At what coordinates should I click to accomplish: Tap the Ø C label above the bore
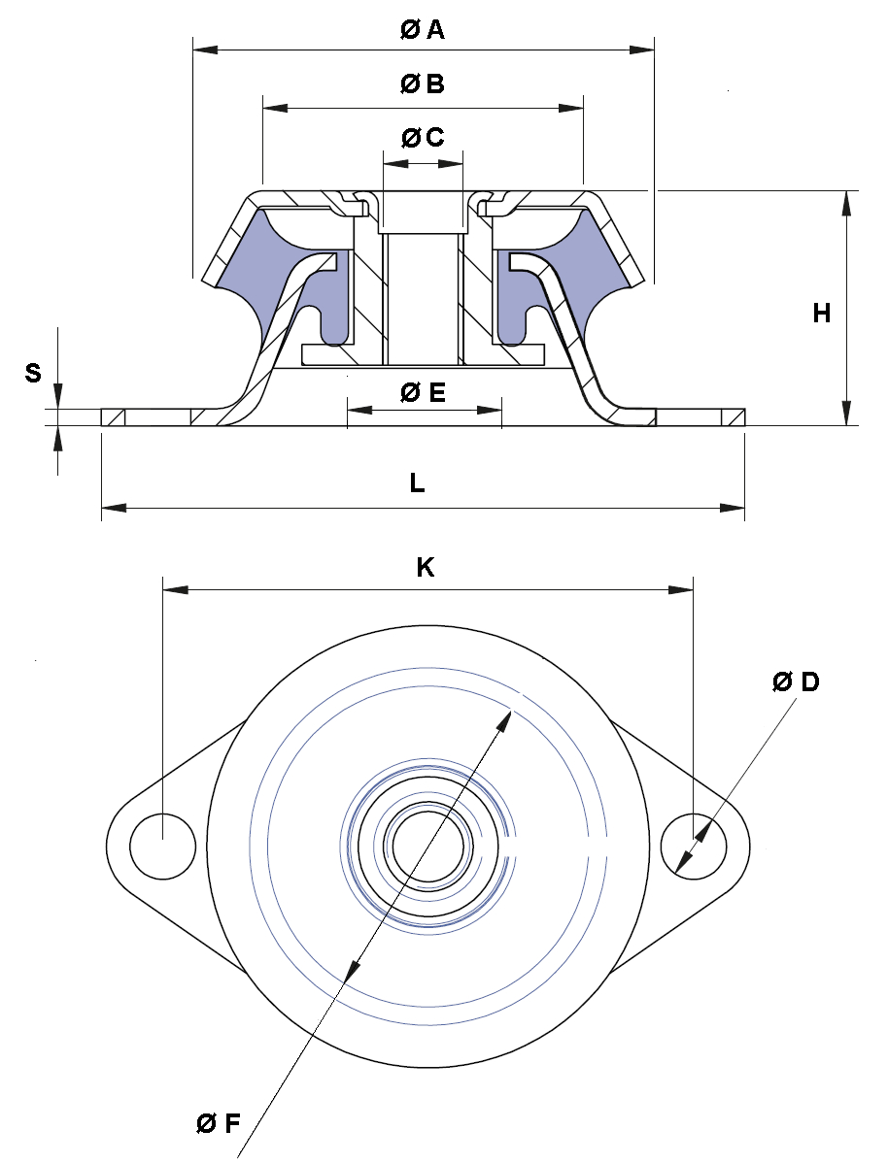(423, 137)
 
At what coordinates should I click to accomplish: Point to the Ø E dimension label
(424, 391)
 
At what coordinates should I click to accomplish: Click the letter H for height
(821, 314)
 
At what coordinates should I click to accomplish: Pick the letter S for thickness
(33, 373)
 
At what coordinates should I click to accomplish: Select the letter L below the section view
(417, 482)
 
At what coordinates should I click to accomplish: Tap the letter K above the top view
(425, 567)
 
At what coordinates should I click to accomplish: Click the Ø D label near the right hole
(795, 681)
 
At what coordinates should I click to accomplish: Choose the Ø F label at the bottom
(219, 1124)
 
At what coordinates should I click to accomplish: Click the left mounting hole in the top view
(162, 847)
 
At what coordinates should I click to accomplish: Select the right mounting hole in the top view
(695, 847)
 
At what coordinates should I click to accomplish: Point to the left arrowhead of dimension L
(113, 508)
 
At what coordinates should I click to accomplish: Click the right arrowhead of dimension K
(682, 589)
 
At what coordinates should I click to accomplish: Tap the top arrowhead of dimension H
(845, 203)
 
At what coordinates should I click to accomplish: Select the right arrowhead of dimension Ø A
(642, 50)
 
